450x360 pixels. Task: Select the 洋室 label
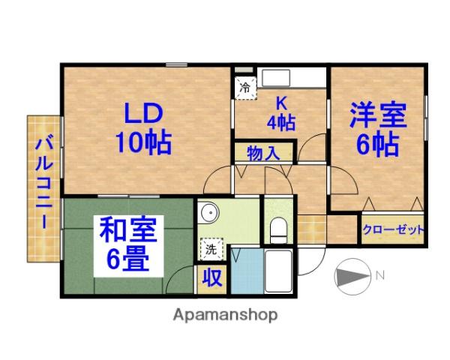[x=377, y=116]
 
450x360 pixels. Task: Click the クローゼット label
[x=394, y=229]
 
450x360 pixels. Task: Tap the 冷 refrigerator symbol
[x=244, y=87]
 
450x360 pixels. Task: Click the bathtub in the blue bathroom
[x=278, y=272]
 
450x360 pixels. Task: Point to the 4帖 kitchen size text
[x=281, y=121]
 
